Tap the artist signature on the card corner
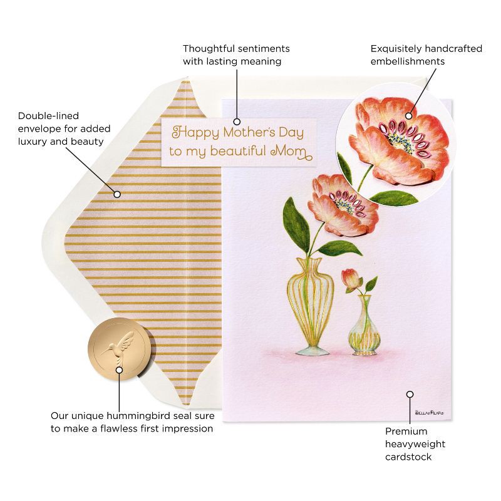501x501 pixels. (429, 413)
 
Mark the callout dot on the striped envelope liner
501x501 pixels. (117, 194)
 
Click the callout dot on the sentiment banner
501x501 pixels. (237, 121)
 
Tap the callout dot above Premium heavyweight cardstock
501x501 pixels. (410, 395)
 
